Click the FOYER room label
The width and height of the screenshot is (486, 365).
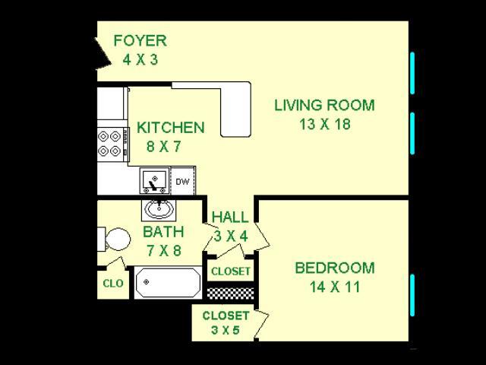click(x=139, y=40)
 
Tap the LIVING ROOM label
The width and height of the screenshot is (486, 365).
click(x=324, y=105)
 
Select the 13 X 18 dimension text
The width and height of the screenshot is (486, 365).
click(x=324, y=124)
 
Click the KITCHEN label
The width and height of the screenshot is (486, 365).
click(x=170, y=128)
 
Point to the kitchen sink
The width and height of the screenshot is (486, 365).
click(x=154, y=182)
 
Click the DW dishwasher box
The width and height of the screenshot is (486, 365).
click(x=182, y=182)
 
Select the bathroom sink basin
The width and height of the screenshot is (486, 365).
click(x=157, y=209)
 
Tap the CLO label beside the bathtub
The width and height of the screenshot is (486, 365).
click(x=112, y=284)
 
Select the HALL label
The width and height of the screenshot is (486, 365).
click(x=229, y=217)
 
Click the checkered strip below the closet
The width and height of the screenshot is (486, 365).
click(x=229, y=291)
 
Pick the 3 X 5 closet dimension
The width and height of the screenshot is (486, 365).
click(x=226, y=331)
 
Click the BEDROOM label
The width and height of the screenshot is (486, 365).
click(x=334, y=268)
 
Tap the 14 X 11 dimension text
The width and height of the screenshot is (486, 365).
click(x=334, y=287)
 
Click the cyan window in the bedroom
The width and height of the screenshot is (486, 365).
click(x=412, y=295)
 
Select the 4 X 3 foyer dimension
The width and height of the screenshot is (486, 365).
click(x=139, y=59)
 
